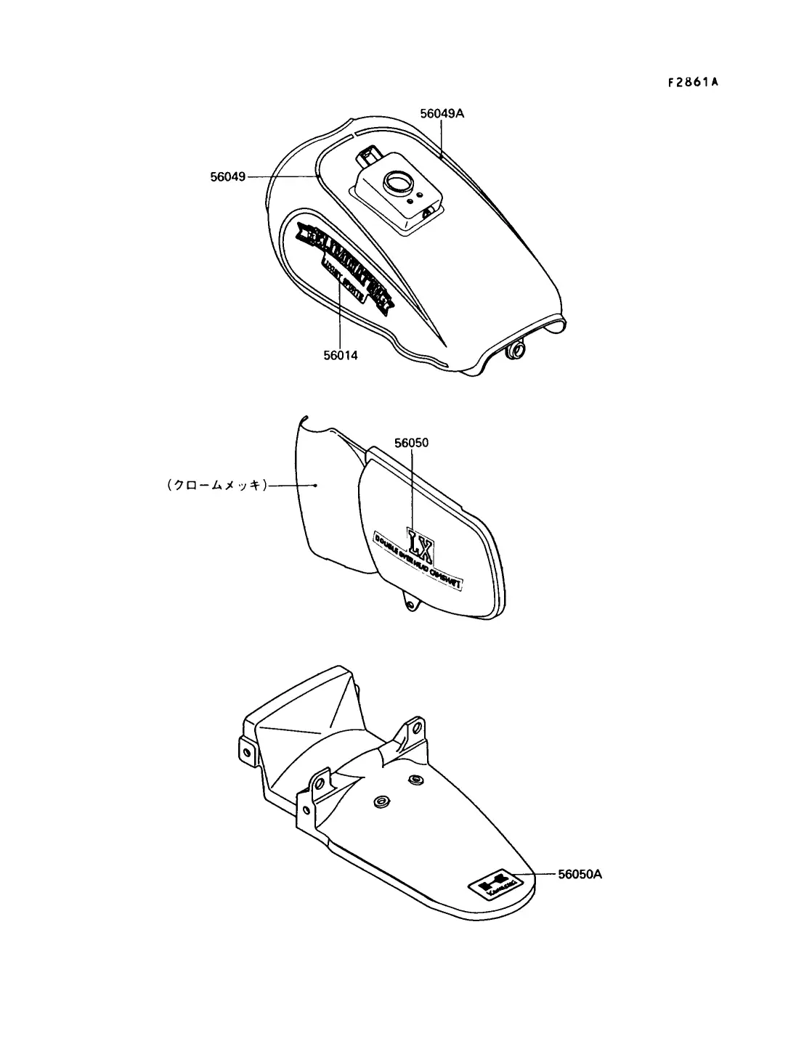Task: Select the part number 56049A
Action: (442, 113)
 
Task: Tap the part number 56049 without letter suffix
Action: (227, 176)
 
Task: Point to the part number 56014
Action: (341, 355)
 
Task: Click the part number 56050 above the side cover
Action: (413, 442)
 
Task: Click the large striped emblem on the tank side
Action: (344, 264)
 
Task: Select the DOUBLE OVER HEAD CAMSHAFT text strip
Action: (420, 563)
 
